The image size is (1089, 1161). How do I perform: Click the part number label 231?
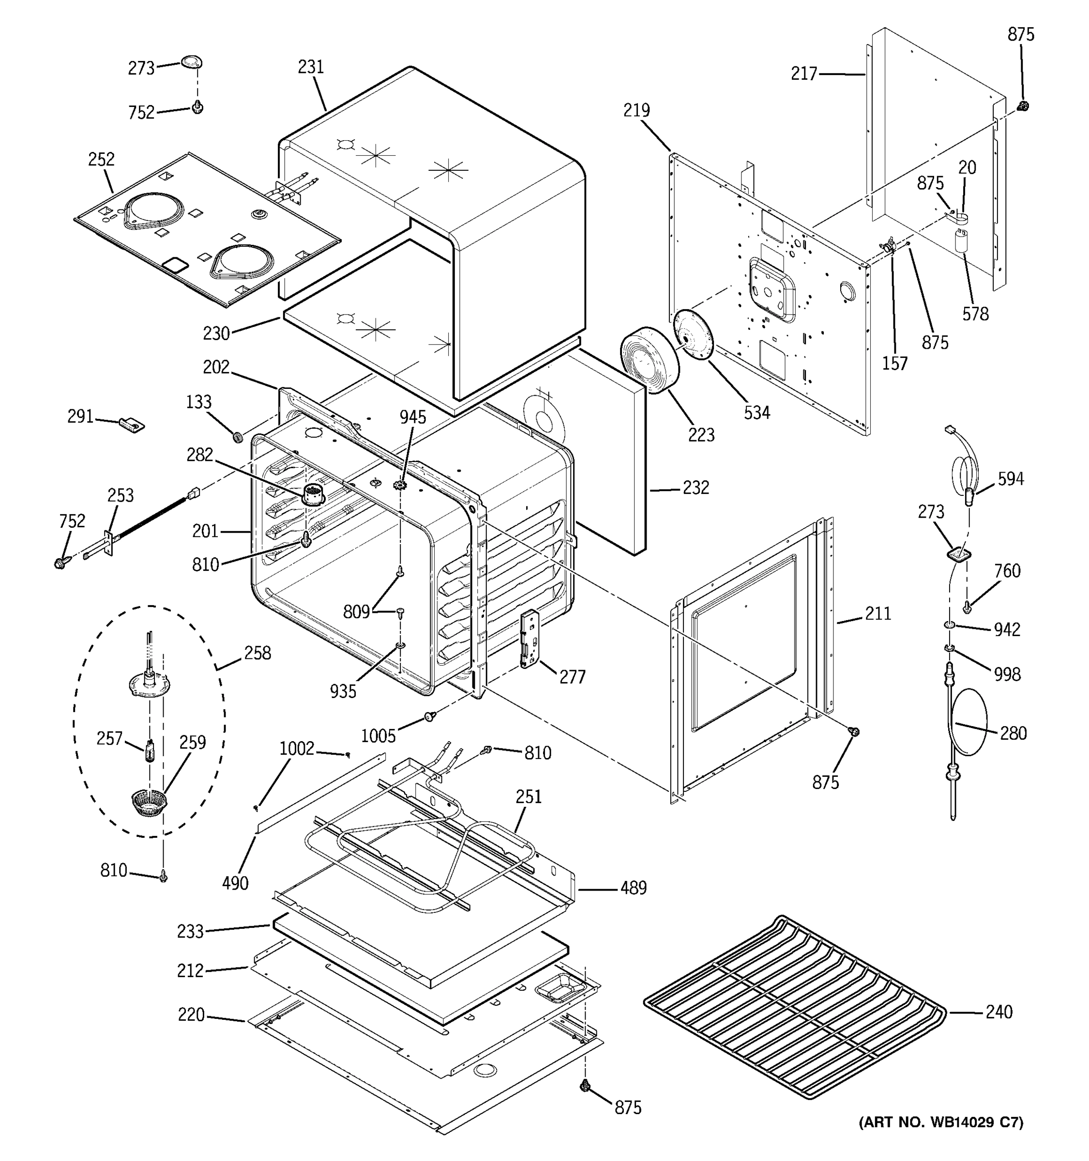(311, 68)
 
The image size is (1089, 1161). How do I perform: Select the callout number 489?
(633, 888)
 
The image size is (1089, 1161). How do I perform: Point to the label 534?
(756, 413)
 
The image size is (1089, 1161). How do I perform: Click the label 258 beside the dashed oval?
(257, 653)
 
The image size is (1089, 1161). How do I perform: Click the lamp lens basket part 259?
(149, 803)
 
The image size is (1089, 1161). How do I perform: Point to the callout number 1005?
(378, 736)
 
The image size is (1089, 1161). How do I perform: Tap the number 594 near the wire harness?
(1010, 479)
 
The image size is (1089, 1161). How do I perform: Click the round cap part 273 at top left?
(191, 62)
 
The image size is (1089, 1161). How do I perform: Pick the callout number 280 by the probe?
(1013, 733)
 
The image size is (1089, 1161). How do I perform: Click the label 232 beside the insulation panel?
(696, 488)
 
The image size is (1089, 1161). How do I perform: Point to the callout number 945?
(412, 417)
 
